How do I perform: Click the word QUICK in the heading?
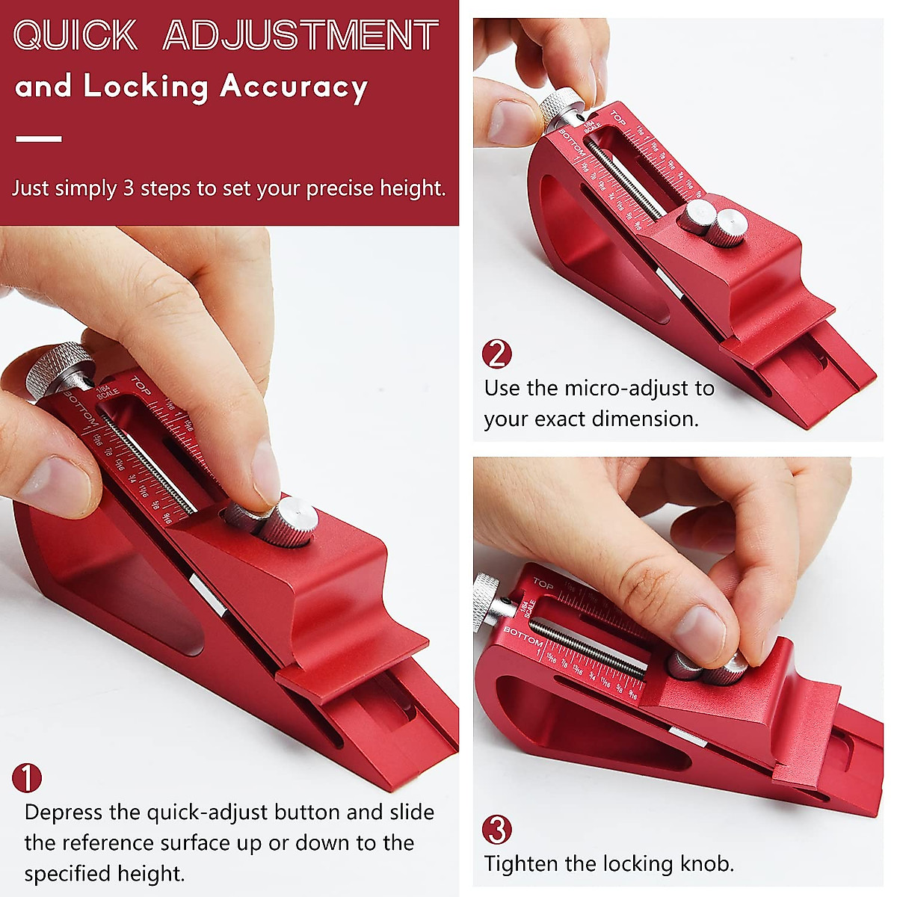(75, 35)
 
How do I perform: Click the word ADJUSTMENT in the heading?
(300, 35)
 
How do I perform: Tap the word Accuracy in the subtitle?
(294, 87)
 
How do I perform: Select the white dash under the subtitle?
(38, 138)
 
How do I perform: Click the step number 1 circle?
(27, 778)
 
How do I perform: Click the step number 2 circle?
(497, 354)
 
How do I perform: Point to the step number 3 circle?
(497, 830)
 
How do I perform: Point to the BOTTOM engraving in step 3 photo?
(523, 636)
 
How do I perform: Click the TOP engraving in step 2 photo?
(617, 117)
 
